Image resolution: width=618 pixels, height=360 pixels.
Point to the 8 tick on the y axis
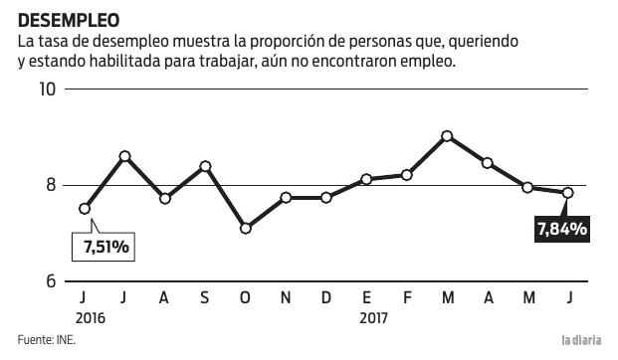coord(51,186)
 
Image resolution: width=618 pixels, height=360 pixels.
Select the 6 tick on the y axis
coord(51,281)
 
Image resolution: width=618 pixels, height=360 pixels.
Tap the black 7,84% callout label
coord(561,230)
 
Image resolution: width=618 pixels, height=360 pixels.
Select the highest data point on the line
coord(447,136)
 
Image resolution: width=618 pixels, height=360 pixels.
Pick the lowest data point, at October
coord(246,229)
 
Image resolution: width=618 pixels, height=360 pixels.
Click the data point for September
coord(205,166)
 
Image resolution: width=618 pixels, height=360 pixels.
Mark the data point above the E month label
coord(366,179)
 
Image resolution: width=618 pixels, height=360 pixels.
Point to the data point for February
coord(407,175)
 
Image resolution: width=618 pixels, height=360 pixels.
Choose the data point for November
coord(286,198)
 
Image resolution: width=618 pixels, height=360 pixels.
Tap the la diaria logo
coord(581,341)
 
